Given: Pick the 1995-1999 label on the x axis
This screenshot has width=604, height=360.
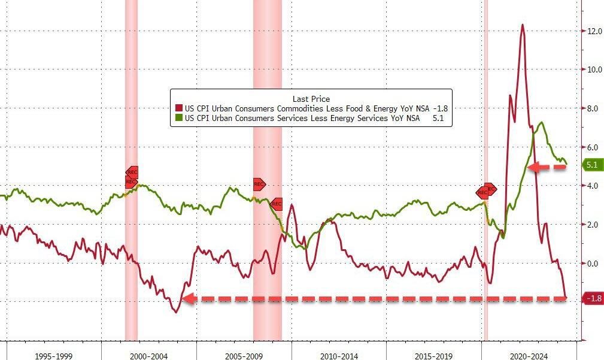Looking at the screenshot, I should click(54, 356).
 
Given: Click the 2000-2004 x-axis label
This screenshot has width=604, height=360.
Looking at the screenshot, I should click(148, 356).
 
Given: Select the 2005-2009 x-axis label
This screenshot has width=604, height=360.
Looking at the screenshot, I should click(244, 356).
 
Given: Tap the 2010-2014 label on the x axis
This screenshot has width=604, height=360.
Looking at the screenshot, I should click(339, 356).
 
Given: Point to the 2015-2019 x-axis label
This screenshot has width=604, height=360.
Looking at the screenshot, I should click(433, 356).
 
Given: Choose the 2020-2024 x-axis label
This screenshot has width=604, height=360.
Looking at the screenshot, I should click(529, 356).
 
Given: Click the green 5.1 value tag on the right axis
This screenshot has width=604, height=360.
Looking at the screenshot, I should click(591, 165).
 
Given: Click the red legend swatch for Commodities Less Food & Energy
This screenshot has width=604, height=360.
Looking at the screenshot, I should click(178, 108).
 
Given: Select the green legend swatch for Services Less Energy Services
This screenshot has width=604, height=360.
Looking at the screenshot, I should click(178, 119).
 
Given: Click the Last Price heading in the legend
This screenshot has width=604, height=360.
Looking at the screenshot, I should click(311, 98).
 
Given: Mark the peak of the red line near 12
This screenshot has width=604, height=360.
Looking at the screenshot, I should click(523, 25).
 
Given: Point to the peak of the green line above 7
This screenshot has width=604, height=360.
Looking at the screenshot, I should click(542, 123).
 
